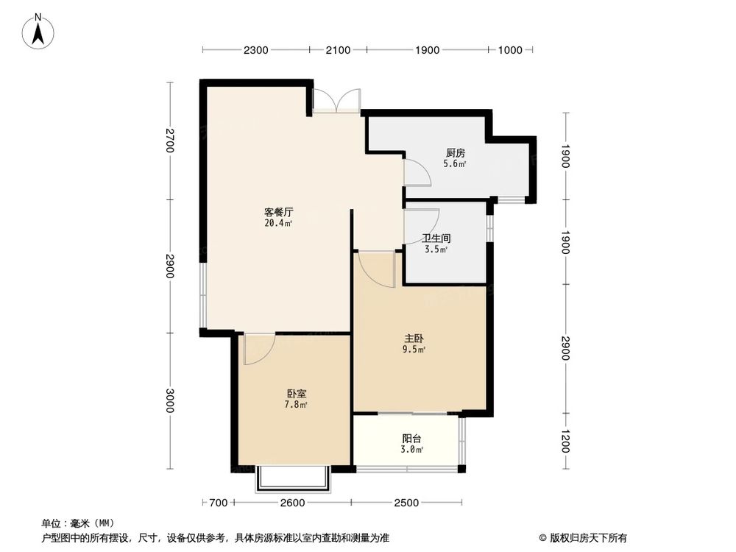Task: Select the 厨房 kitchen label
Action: click(x=455, y=154)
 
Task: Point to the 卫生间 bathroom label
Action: click(x=436, y=238)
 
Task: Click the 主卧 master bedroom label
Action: click(x=413, y=339)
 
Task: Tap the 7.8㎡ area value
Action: click(x=297, y=405)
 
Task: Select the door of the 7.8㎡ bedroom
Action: click(x=259, y=350)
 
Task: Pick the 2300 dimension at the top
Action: click(x=255, y=50)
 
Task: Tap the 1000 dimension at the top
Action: click(x=510, y=50)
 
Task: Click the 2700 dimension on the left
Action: click(x=170, y=141)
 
